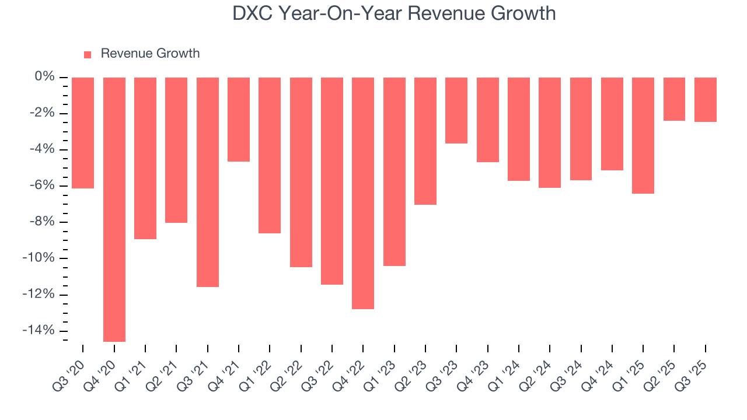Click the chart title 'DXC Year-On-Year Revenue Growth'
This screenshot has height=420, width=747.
click(x=394, y=13)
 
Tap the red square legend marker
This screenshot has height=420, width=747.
click(x=88, y=54)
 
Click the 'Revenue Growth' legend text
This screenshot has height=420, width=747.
click(x=150, y=54)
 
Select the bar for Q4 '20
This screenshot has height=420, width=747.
click(x=114, y=209)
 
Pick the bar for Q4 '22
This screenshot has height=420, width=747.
click(x=363, y=192)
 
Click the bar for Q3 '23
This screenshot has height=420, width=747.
click(x=456, y=110)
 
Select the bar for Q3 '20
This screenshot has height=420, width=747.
click(x=83, y=132)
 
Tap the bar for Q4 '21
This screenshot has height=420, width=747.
click(x=239, y=119)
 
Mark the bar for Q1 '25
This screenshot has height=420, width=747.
click(x=643, y=135)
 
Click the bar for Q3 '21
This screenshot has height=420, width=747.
click(x=208, y=181)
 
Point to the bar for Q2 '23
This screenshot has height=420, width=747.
click(x=425, y=141)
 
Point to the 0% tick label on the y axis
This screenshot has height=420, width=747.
click(x=44, y=77)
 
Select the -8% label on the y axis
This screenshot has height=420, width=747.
click(x=41, y=222)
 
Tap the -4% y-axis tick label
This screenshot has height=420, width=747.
click(x=41, y=149)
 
